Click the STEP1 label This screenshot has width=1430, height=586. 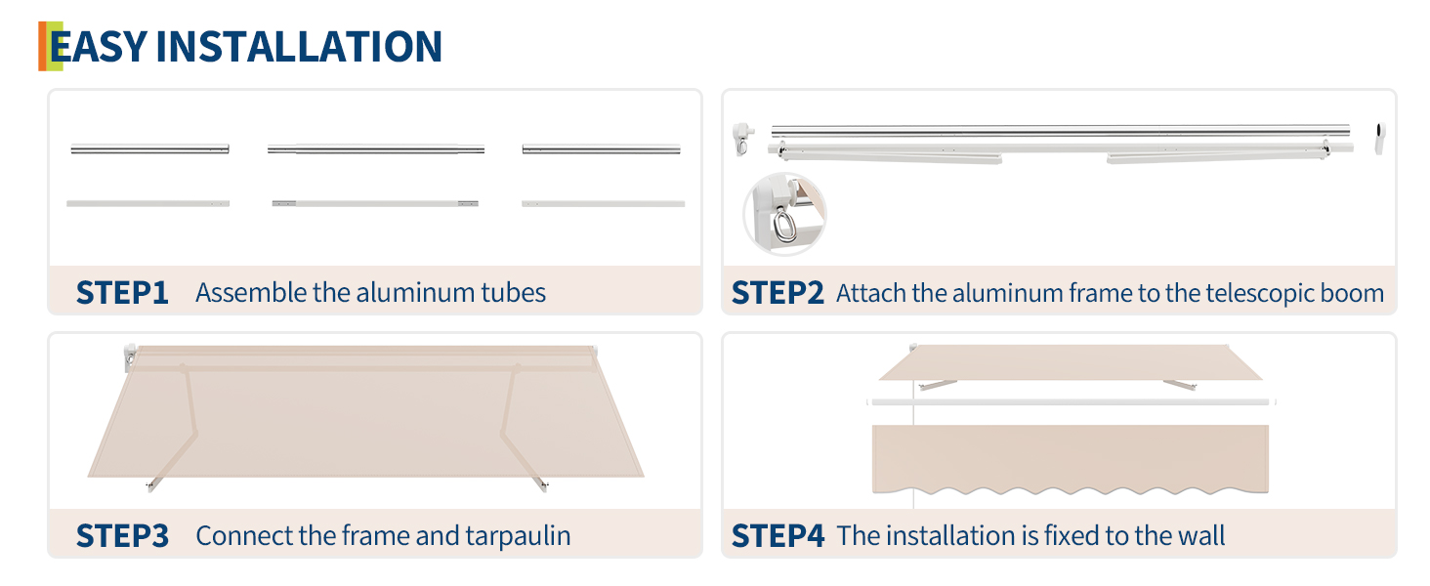122,292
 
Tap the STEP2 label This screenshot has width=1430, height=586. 778,292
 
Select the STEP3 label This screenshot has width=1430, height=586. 122,535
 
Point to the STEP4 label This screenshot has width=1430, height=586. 778,535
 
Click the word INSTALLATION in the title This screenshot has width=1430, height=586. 299,46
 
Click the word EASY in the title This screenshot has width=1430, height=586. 99,46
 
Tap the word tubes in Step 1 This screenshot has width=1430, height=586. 513,292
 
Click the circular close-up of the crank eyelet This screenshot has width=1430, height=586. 784,215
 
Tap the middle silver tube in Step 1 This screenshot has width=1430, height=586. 376,149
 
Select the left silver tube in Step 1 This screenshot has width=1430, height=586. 150,148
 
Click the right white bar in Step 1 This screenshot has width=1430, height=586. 604,203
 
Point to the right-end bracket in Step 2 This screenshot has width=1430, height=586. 1380,139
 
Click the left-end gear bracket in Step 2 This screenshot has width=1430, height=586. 742,139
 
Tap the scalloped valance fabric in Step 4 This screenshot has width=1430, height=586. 1070,460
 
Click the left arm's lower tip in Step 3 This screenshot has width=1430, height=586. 150,487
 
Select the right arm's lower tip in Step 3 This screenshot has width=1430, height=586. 544,487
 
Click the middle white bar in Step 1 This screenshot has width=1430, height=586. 375,203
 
